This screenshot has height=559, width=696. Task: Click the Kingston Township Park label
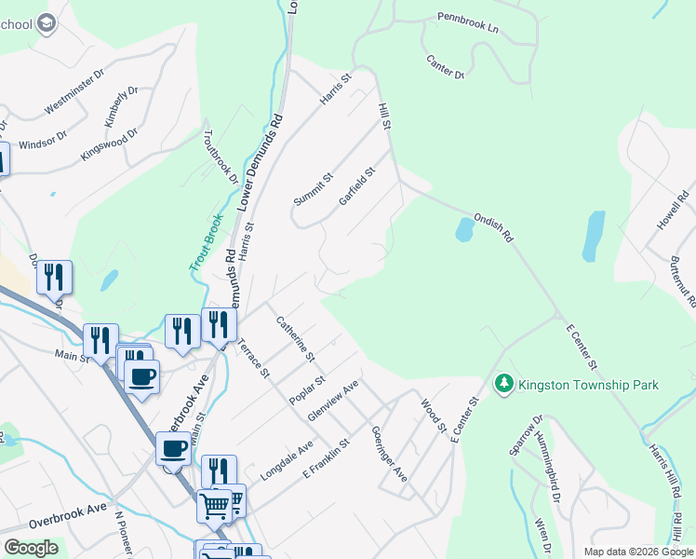pyautogui.click(x=588, y=385)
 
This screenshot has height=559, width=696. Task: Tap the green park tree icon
pyautogui.click(x=503, y=383)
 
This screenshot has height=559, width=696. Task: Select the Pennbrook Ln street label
pyautogui.click(x=468, y=23)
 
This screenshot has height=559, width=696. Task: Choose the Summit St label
pyautogui.click(x=313, y=190)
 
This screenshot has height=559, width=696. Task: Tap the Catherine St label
pyautogui.click(x=296, y=339)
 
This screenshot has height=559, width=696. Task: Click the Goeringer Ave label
pyautogui.click(x=389, y=454)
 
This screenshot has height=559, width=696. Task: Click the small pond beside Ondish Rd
pyautogui.click(x=464, y=229)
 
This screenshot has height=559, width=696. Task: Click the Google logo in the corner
pyautogui.click(x=31, y=548)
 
